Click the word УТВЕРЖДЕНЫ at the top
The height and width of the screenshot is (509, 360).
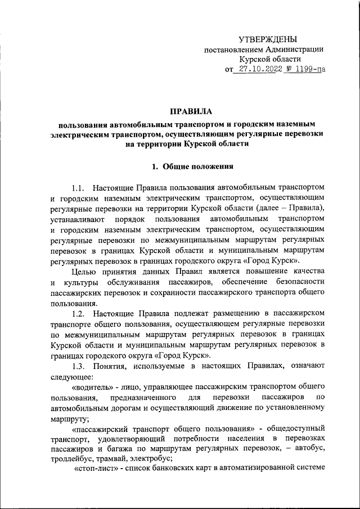click(267, 39)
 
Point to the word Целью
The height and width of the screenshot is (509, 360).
click(84, 272)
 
